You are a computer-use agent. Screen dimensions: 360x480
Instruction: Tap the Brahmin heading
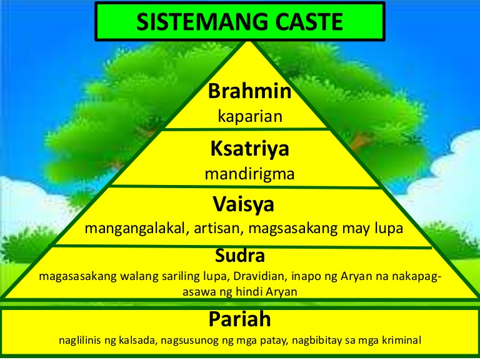(251, 92)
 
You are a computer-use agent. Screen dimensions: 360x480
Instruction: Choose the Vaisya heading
(243, 204)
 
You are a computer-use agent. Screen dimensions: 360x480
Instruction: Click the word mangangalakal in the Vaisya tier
(134, 228)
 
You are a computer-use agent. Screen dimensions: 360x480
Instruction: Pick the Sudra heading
(240, 256)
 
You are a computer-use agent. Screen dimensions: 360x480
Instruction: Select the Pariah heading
(240, 320)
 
